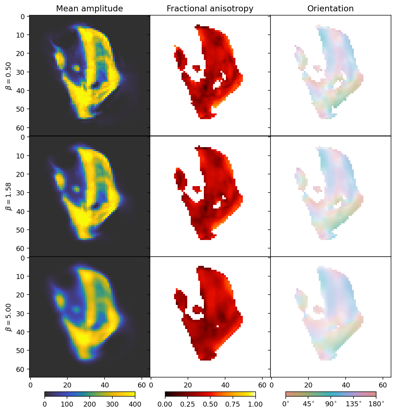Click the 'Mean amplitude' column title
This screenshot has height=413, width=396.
pyautogui.click(x=89, y=9)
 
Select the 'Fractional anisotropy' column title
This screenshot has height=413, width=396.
pyautogui.click(x=210, y=9)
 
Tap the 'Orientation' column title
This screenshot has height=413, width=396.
pyautogui.click(x=330, y=9)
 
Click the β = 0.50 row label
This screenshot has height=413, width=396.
pyautogui.click(x=9, y=76)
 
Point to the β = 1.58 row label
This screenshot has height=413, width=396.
pyautogui.click(x=9, y=196)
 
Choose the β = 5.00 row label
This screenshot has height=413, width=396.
pyautogui.click(x=9, y=317)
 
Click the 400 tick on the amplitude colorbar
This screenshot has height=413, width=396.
pyautogui.click(x=135, y=404)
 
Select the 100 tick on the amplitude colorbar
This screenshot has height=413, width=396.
pyautogui.click(x=67, y=404)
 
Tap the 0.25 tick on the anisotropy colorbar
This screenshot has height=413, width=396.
pyautogui.click(x=188, y=404)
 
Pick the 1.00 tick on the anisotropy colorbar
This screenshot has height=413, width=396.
pyautogui.click(x=255, y=404)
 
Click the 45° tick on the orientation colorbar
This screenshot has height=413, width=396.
pyautogui.click(x=308, y=404)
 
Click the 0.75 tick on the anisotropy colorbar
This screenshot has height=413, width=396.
pyautogui.click(x=233, y=404)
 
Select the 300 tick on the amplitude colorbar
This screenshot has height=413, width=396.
pyautogui.click(x=112, y=404)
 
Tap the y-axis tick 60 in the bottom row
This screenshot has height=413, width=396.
pyautogui.click(x=22, y=369)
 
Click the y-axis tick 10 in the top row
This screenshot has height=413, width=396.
pyautogui.click(x=22, y=35)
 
